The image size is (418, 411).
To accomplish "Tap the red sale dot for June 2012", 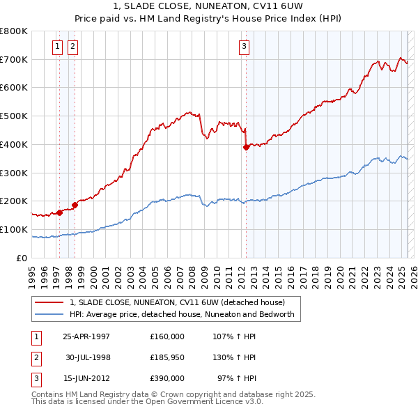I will (246, 147).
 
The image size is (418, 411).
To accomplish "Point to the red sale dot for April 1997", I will (60, 212).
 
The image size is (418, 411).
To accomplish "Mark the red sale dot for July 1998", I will (75, 205).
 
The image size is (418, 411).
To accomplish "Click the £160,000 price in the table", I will (167, 336).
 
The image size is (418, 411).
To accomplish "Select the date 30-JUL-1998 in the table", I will (88, 357).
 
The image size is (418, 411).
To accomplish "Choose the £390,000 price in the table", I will (167, 378).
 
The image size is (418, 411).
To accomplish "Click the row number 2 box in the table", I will (36, 357).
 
